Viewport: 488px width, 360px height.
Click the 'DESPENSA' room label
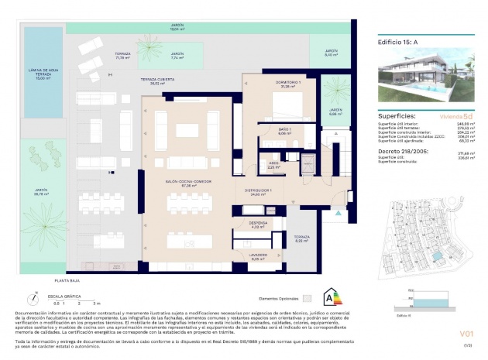[x=258, y=224]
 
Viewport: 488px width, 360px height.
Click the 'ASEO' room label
[x=273, y=163]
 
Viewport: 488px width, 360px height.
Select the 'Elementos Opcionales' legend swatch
[x=307, y=297]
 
